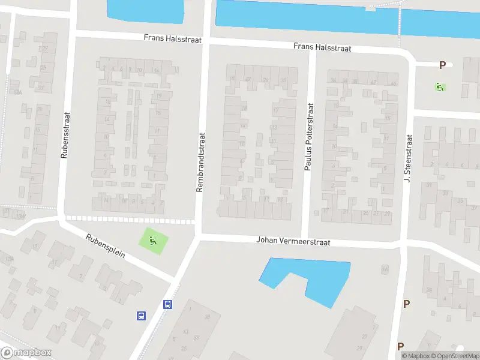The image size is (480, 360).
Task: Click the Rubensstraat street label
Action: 65,136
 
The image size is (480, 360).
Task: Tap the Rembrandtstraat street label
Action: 200,162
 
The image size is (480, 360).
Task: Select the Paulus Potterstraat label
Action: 309,137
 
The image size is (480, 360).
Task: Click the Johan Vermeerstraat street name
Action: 293,241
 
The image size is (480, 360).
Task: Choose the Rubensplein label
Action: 105,245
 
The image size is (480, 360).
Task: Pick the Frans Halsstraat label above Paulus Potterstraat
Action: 322,47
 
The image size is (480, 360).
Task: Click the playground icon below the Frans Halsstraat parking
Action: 440,87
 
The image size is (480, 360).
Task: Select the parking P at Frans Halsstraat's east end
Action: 443,65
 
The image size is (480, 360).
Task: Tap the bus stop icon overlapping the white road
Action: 169,304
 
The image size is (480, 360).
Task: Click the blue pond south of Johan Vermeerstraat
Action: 318,279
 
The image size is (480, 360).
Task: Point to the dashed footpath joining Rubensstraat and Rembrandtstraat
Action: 129,219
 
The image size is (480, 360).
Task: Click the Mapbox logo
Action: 26,353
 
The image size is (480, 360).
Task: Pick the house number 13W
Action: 22,216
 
